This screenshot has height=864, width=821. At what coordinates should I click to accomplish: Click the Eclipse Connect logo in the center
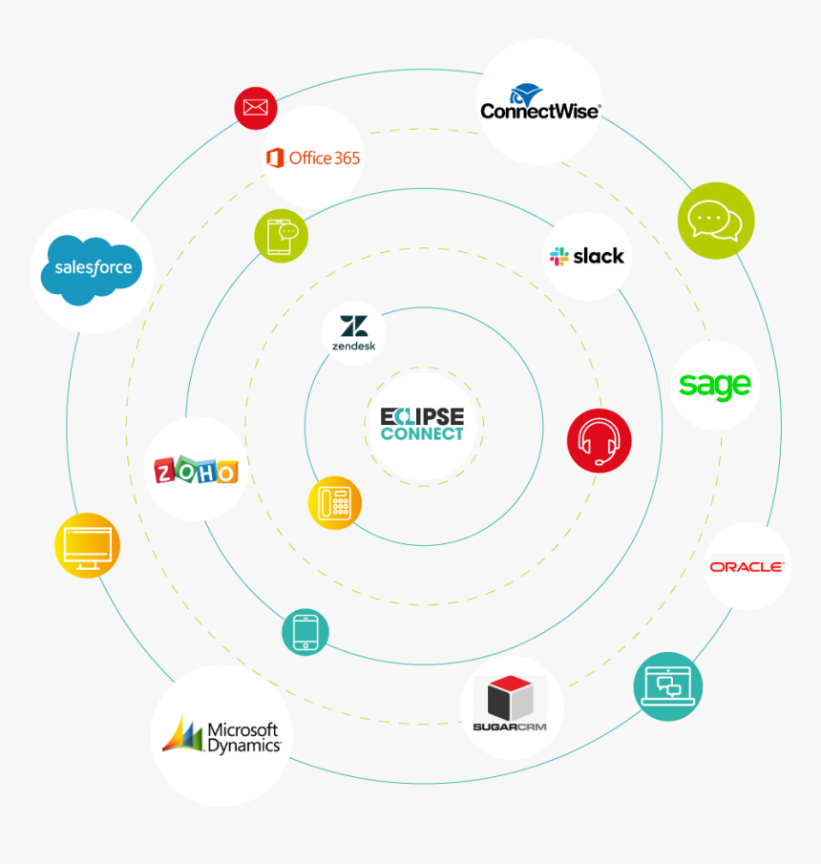(x=422, y=425)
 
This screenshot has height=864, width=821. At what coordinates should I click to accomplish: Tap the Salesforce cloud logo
(x=93, y=269)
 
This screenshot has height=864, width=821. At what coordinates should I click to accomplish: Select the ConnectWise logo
(x=540, y=102)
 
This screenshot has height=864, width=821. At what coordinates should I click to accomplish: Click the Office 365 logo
(x=312, y=158)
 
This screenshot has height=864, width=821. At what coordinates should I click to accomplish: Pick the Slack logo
(x=586, y=256)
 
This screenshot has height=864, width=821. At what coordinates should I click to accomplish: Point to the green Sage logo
(x=715, y=386)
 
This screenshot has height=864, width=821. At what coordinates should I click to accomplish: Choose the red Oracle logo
(x=747, y=566)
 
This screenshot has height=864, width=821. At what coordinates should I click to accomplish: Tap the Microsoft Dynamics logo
(x=221, y=736)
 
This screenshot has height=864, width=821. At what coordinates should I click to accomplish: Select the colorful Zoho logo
(x=196, y=470)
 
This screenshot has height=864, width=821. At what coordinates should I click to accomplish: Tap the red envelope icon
(x=256, y=107)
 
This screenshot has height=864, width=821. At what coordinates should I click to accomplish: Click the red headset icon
(x=599, y=440)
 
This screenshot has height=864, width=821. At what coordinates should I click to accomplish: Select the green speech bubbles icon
(x=716, y=221)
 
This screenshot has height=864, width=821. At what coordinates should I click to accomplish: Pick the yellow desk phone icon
(x=335, y=502)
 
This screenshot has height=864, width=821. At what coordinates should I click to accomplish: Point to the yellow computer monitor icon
(x=87, y=545)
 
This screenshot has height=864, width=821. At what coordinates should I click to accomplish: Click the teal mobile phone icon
(x=305, y=632)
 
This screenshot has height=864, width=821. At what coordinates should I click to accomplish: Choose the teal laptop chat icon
(x=668, y=685)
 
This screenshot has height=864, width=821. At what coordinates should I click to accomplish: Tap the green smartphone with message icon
(x=282, y=235)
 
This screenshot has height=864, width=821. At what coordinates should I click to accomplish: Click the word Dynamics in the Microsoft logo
(x=244, y=745)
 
